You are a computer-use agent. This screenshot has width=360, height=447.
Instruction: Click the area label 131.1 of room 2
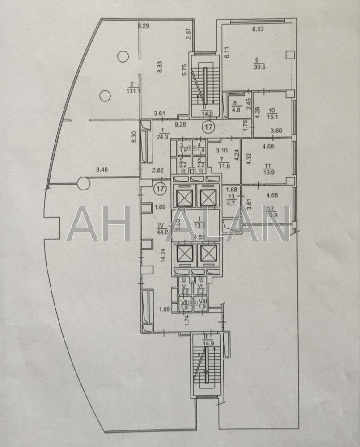point(132,89)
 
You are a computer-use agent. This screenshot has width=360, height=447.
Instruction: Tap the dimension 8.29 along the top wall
point(143,26)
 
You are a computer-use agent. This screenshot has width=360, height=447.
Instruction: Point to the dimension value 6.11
point(227,55)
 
